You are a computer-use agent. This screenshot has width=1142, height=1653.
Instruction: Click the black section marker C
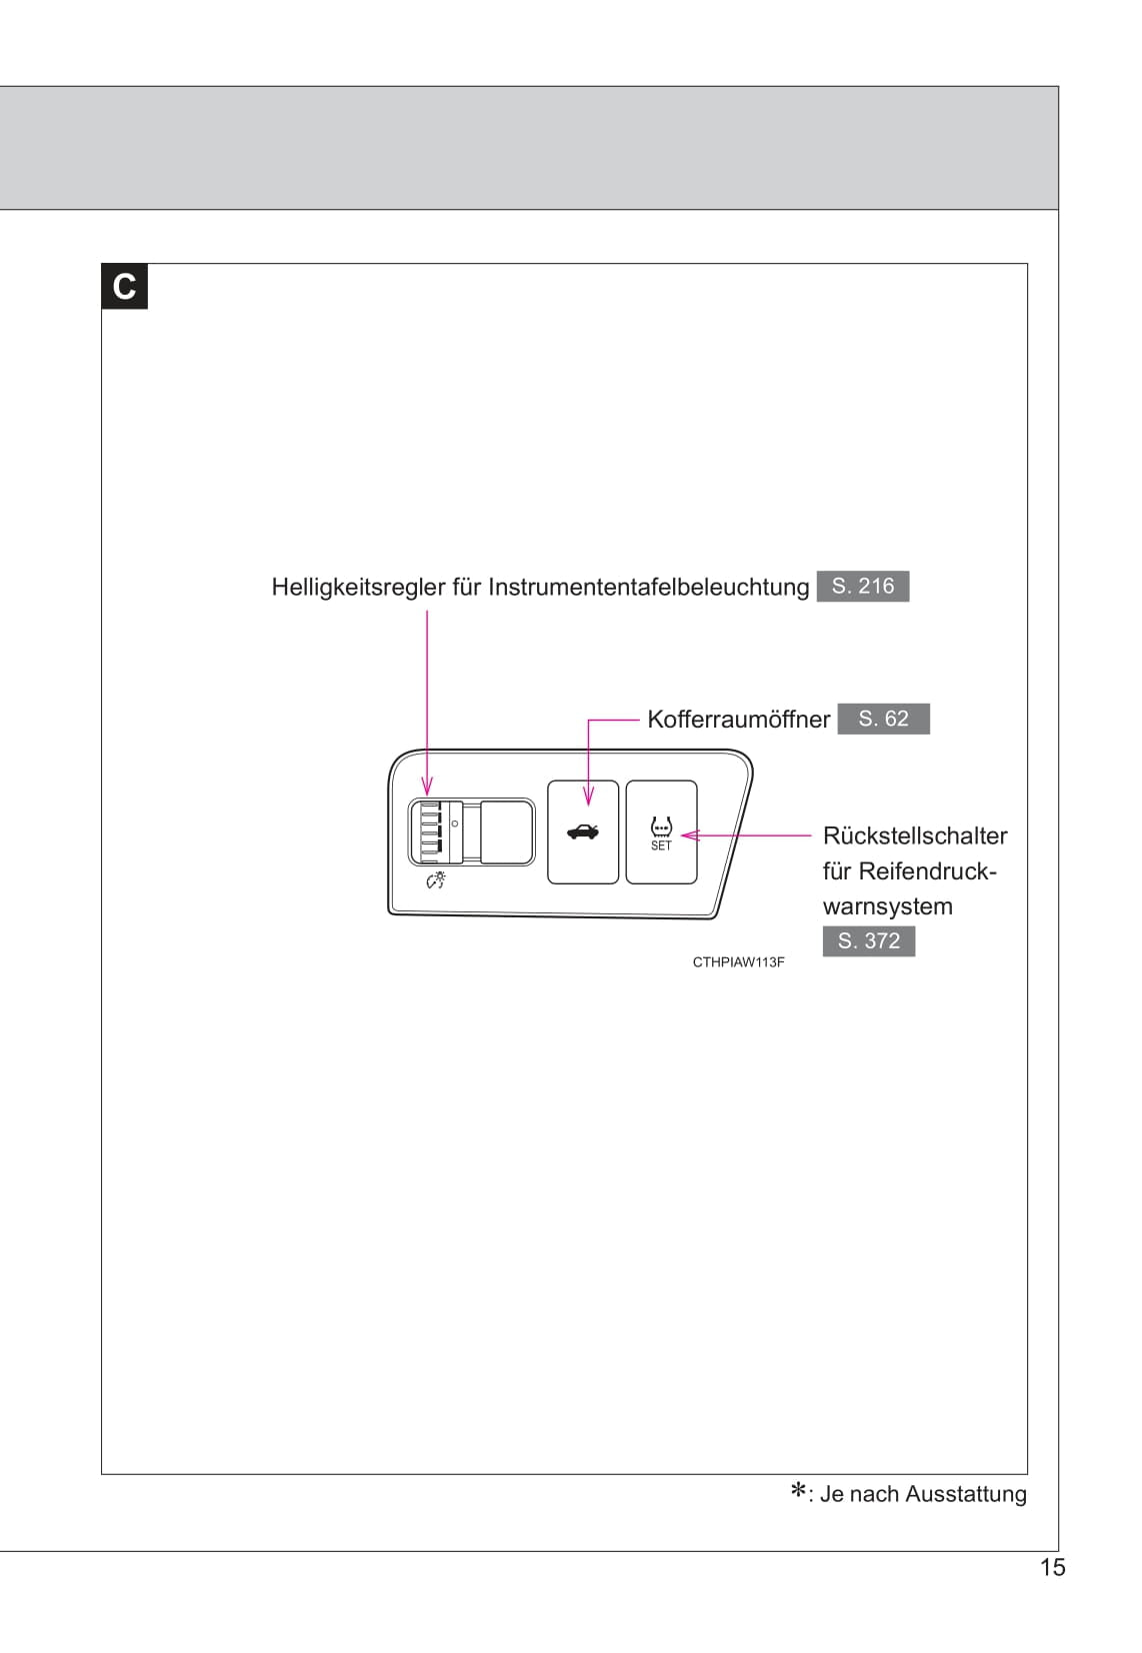tap(124, 287)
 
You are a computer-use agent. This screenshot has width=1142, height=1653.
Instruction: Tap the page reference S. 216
tap(863, 586)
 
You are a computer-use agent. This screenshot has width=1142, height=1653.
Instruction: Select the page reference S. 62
tap(883, 719)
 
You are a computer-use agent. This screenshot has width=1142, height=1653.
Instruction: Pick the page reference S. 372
tap(868, 940)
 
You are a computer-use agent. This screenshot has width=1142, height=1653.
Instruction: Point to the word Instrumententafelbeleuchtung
tap(648, 587)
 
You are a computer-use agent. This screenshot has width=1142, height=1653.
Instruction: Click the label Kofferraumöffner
tap(738, 720)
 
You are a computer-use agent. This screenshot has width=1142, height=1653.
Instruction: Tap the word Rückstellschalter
tap(914, 835)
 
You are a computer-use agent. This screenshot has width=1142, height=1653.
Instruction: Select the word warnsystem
tap(887, 906)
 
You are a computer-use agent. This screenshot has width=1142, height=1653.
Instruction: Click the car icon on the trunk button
tap(583, 831)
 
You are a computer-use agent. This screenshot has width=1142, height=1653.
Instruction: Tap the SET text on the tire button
tap(661, 846)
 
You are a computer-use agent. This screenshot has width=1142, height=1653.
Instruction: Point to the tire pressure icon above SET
tap(661, 827)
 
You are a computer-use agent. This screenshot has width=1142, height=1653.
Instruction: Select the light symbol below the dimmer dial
tap(435, 880)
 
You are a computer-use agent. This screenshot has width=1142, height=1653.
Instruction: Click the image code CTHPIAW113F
tap(738, 962)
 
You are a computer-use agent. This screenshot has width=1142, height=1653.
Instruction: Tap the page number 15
tap(1052, 1567)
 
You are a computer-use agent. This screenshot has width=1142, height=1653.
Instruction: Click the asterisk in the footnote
tap(799, 1492)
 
